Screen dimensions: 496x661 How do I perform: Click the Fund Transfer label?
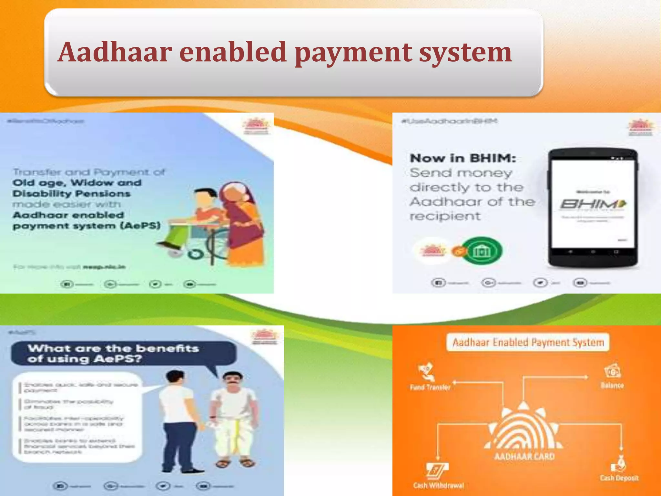(x=430, y=387)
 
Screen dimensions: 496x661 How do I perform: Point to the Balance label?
(x=612, y=385)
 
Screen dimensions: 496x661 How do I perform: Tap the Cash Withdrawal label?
(x=438, y=485)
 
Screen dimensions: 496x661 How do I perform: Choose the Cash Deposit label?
(x=619, y=478)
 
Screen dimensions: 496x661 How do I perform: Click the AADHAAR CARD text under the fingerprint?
(x=524, y=456)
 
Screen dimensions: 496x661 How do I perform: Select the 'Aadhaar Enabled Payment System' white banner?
(x=528, y=342)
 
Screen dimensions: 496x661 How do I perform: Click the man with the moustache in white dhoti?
(x=233, y=420)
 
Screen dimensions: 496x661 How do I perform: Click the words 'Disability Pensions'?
(x=72, y=193)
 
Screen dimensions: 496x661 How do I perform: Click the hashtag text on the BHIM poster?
(x=449, y=121)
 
